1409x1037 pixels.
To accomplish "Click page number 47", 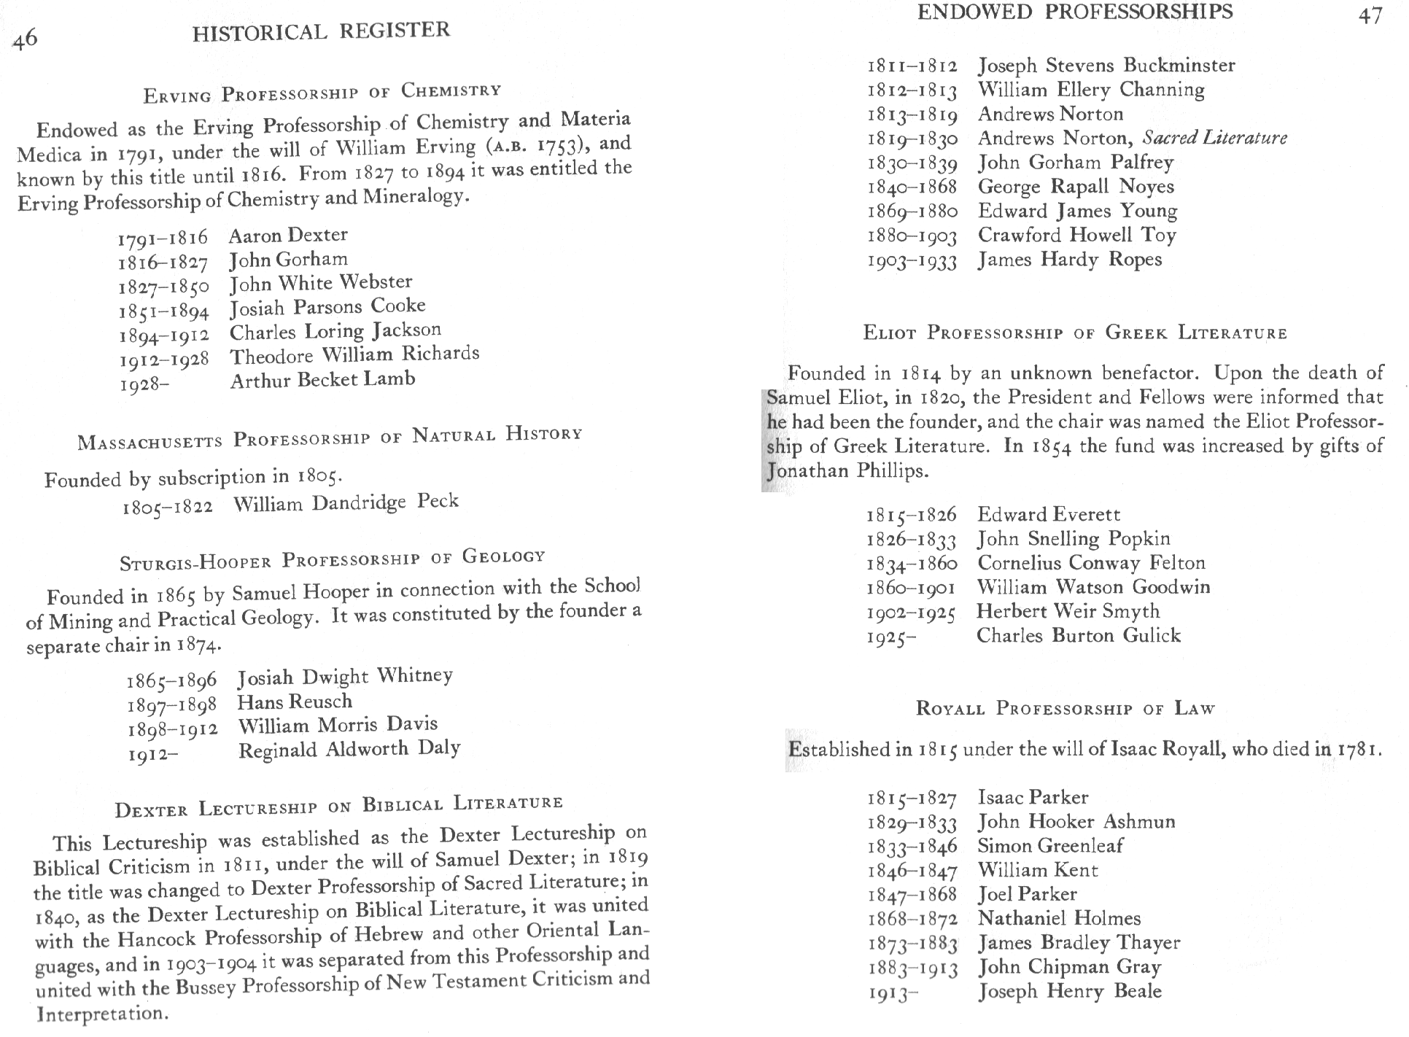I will click(x=1370, y=16).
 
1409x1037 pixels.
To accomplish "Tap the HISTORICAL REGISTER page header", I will click(x=321, y=31).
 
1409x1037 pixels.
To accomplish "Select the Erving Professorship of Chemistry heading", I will click(x=322, y=93).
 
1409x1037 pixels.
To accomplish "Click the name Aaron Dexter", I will click(x=288, y=235).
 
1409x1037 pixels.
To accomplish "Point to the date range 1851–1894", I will click(x=163, y=311).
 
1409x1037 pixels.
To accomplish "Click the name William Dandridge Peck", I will click(x=346, y=502).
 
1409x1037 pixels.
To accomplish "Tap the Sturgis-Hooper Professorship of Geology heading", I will click(x=332, y=559).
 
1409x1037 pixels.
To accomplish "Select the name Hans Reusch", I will click(x=295, y=702).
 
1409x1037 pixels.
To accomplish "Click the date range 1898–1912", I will click(x=172, y=729).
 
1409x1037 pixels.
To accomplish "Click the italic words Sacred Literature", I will click(x=1214, y=138).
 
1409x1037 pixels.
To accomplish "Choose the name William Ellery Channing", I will click(x=1091, y=90).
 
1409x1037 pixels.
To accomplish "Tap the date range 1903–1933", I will click(x=912, y=261).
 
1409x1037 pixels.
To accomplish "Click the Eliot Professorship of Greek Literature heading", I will click(x=1075, y=333).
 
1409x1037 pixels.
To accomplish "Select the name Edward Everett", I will click(x=1049, y=514).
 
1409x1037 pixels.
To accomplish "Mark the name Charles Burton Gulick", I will click(x=1079, y=635).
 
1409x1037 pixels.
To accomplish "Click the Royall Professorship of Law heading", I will click(x=1065, y=708).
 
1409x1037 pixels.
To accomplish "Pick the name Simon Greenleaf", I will click(x=1050, y=845).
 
